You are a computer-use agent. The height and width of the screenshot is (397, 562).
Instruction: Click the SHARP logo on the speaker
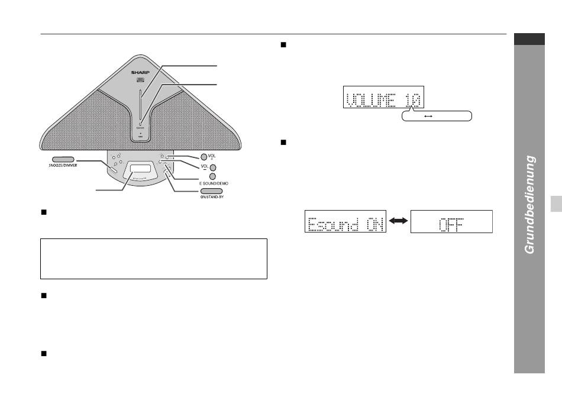pyautogui.click(x=140, y=72)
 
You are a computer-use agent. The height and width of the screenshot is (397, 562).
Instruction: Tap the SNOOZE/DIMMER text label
pyautogui.click(x=63, y=166)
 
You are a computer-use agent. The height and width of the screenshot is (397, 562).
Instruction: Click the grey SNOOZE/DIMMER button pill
pyautogui.click(x=63, y=159)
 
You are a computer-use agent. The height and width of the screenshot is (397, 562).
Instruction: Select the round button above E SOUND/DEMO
pyautogui.click(x=212, y=176)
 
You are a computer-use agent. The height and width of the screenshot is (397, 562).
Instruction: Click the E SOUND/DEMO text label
pyautogui.click(x=214, y=183)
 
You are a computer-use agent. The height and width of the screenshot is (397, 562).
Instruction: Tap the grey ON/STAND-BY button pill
pyautogui.click(x=211, y=191)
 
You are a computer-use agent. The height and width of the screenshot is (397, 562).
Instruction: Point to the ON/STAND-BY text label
pyautogui.click(x=212, y=197)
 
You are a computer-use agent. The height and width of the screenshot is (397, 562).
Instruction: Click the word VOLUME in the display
pyautogui.click(x=371, y=100)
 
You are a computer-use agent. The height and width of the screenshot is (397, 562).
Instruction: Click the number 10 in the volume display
pyautogui.click(x=412, y=100)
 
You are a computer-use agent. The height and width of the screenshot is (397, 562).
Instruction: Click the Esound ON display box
pyautogui.click(x=345, y=221)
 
